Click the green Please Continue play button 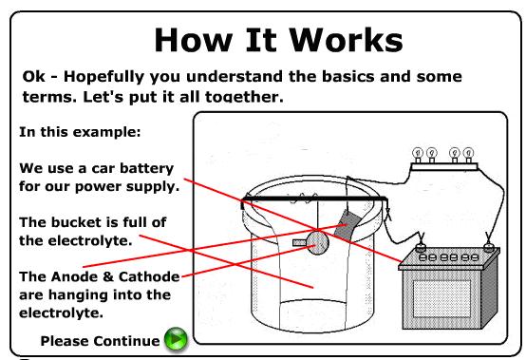tap(176, 339)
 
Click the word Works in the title tap(346, 40)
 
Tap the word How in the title tap(193, 40)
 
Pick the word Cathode tap(149, 276)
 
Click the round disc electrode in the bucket tap(317, 242)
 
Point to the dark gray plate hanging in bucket tap(348, 225)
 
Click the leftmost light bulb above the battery tap(418, 155)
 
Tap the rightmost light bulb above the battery tap(468, 155)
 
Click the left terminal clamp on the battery tap(421, 244)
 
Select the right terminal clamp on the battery tap(488, 243)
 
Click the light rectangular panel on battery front tap(441, 299)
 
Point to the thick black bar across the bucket tap(314, 199)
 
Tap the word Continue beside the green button tap(126, 341)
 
